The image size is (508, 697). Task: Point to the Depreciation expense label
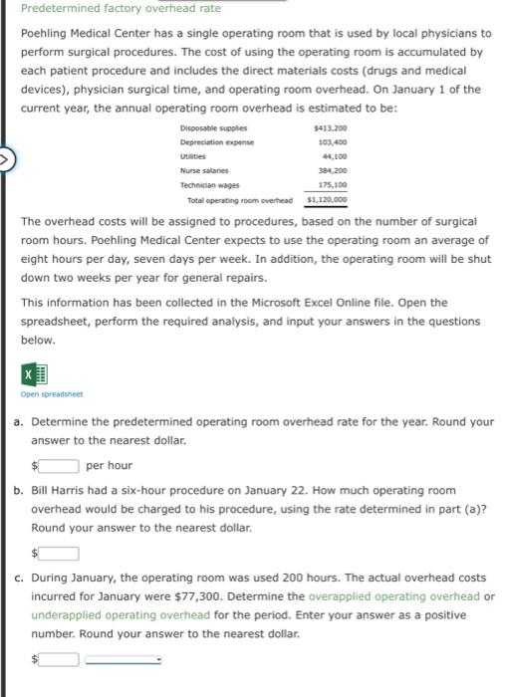pos(216,142)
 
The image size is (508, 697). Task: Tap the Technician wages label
pos(208,184)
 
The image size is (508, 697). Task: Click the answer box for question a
pos(60,465)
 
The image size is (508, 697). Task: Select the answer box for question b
pos(60,554)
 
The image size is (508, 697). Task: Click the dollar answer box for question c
pos(60,658)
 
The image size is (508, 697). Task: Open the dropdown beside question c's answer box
pos(124,658)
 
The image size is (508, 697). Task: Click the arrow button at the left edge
pos(5,157)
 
